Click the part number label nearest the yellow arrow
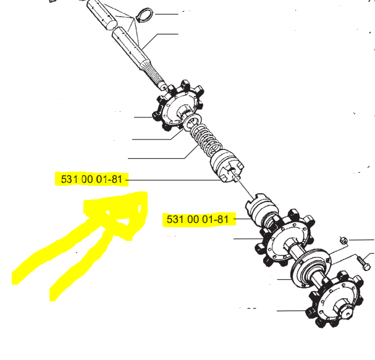[93, 180]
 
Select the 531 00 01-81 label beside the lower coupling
[198, 220]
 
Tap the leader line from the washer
[158, 138]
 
